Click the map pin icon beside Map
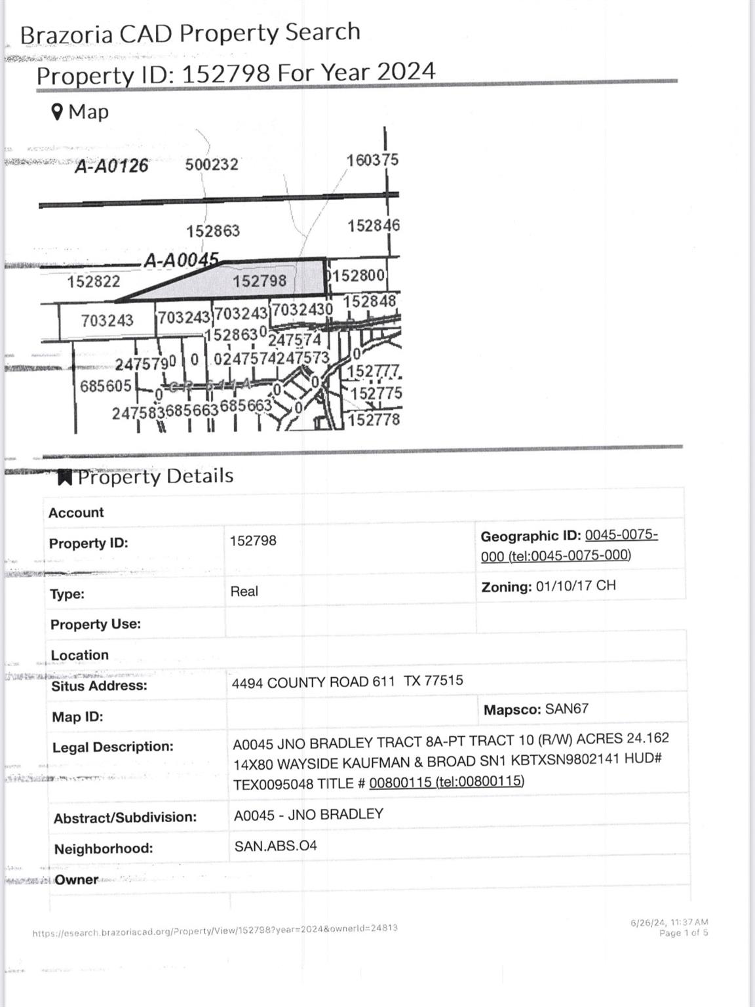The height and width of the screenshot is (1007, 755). tap(58, 112)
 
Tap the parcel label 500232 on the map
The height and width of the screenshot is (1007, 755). tap(211, 164)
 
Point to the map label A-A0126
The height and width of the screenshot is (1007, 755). tap(111, 166)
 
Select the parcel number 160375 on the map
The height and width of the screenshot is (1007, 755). tap(372, 160)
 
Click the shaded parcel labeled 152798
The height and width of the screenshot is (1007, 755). tap(260, 281)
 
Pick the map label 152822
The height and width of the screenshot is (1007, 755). tap(94, 282)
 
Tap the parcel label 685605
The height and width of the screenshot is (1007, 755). tap(106, 385)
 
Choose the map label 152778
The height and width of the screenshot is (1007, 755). tap(374, 420)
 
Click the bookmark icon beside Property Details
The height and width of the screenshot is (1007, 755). tap(64, 477)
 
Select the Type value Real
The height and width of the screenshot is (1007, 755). tap(244, 591)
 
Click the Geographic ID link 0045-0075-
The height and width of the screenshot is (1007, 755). tap(621, 535)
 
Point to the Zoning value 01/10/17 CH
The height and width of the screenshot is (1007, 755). tap(575, 585)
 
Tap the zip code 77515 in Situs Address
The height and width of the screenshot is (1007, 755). tap(444, 681)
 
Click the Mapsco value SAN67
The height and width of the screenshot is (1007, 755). tap(566, 709)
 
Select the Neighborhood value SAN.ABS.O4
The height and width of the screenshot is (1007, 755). tap(275, 846)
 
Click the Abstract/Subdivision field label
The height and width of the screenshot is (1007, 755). tap(125, 818)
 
